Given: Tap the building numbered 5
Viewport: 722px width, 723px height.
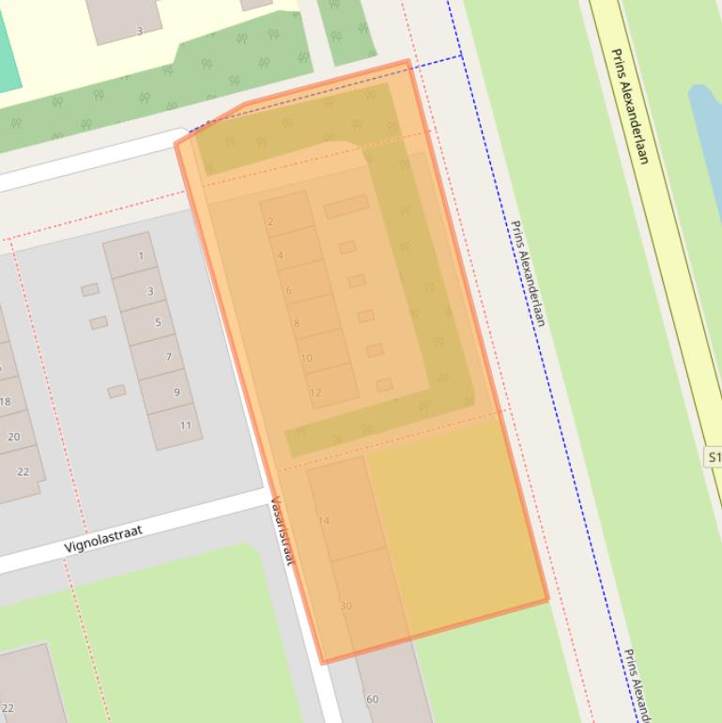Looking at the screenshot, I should click(158, 323).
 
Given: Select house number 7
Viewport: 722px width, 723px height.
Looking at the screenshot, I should click(168, 357).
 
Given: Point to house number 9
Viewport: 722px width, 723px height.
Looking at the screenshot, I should click(177, 392).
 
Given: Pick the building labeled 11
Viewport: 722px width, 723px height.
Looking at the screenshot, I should click(185, 425).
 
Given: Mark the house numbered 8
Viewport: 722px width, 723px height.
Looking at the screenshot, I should click(297, 324).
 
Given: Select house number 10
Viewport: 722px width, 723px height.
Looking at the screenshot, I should click(306, 359).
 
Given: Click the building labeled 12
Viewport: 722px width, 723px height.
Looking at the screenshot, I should click(315, 392).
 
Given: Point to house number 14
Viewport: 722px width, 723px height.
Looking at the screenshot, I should click(324, 520).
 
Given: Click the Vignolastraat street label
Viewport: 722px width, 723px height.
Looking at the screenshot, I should click(103, 539).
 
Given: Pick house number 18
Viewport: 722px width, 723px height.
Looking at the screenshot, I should click(6, 402).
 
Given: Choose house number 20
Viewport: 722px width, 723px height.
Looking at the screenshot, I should click(13, 437).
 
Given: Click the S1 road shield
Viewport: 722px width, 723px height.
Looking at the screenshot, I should click(714, 457).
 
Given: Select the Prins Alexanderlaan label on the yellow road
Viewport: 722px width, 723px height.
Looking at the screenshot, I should click(630, 105).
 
